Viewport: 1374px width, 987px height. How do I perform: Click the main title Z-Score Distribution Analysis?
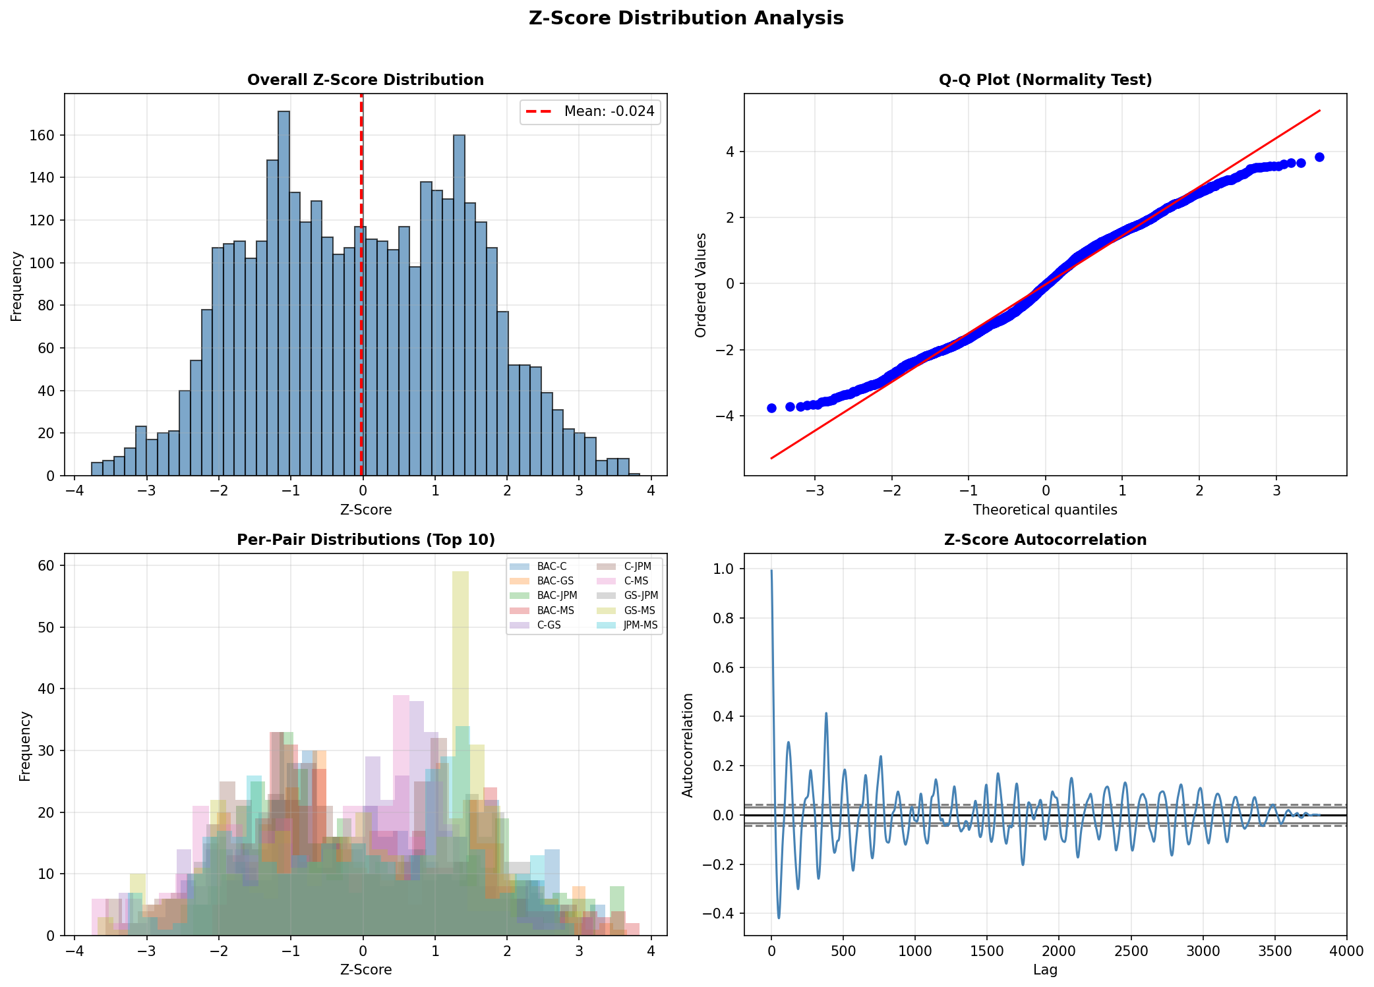pyautogui.click(x=686, y=18)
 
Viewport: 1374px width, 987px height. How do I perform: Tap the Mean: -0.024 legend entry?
pyautogui.click(x=591, y=111)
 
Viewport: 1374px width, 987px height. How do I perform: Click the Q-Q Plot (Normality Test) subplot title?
pyautogui.click(x=1045, y=80)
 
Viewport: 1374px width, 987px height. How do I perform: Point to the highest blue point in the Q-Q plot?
pyautogui.click(x=1319, y=157)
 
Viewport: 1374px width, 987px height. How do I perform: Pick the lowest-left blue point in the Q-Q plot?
pyautogui.click(x=771, y=408)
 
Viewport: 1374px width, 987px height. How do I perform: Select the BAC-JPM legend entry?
pyautogui.click(x=556, y=596)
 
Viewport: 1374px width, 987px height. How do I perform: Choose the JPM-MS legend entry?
pyautogui.click(x=640, y=625)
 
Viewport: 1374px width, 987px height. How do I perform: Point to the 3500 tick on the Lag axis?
pyautogui.click(x=1274, y=951)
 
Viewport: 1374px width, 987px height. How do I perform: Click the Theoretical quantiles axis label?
pyautogui.click(x=1045, y=510)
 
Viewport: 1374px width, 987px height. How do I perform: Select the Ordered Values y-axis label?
pyautogui.click(x=701, y=285)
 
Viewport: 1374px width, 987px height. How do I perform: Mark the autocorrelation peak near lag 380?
pyautogui.click(x=826, y=714)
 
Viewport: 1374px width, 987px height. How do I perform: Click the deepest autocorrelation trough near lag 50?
pyautogui.click(x=779, y=917)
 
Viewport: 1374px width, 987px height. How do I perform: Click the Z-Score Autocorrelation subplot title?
pyautogui.click(x=1045, y=540)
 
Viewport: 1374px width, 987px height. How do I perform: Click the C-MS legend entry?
pyautogui.click(x=636, y=581)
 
